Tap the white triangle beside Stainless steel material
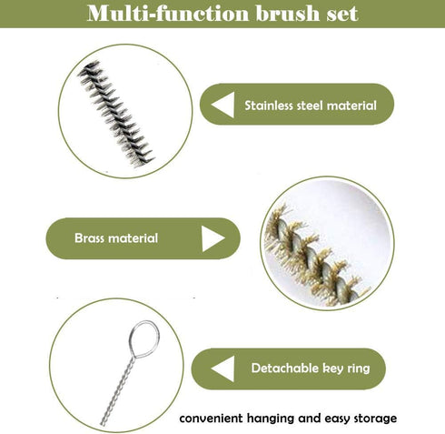221,106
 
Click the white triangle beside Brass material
212,238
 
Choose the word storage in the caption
372,419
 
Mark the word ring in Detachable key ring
363,369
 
